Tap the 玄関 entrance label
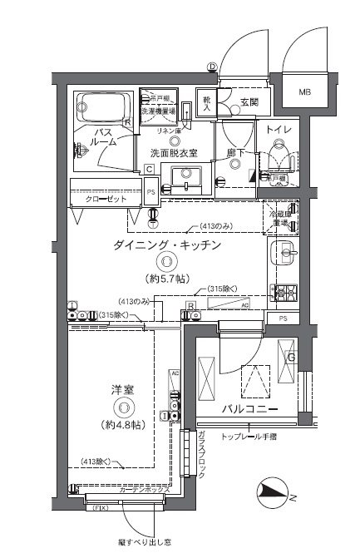[249, 102]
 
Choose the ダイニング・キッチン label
[167, 245]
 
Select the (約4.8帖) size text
[122, 424]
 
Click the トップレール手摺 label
[252, 437]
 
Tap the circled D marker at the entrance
[212, 67]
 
